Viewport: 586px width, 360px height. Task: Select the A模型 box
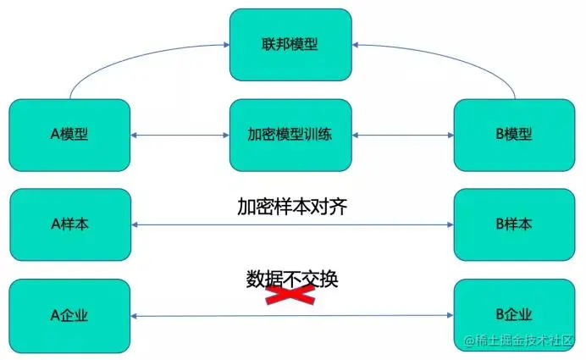[69, 135]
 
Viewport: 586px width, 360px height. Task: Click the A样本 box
[69, 224]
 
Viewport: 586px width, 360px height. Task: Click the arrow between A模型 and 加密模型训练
[180, 135]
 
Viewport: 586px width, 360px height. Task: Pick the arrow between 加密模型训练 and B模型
[403, 135]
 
